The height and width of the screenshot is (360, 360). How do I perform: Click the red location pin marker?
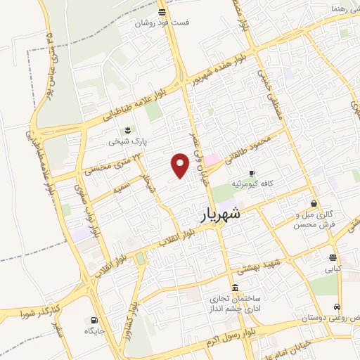[x=181, y=166]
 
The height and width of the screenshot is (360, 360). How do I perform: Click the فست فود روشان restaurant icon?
[x=162, y=12]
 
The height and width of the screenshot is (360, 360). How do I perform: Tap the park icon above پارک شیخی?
[x=127, y=130]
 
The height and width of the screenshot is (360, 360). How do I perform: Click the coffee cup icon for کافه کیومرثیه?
[x=252, y=174]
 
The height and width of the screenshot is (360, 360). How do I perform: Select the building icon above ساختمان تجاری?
[x=234, y=288]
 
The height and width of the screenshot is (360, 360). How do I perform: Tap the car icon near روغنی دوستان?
[x=338, y=307]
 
